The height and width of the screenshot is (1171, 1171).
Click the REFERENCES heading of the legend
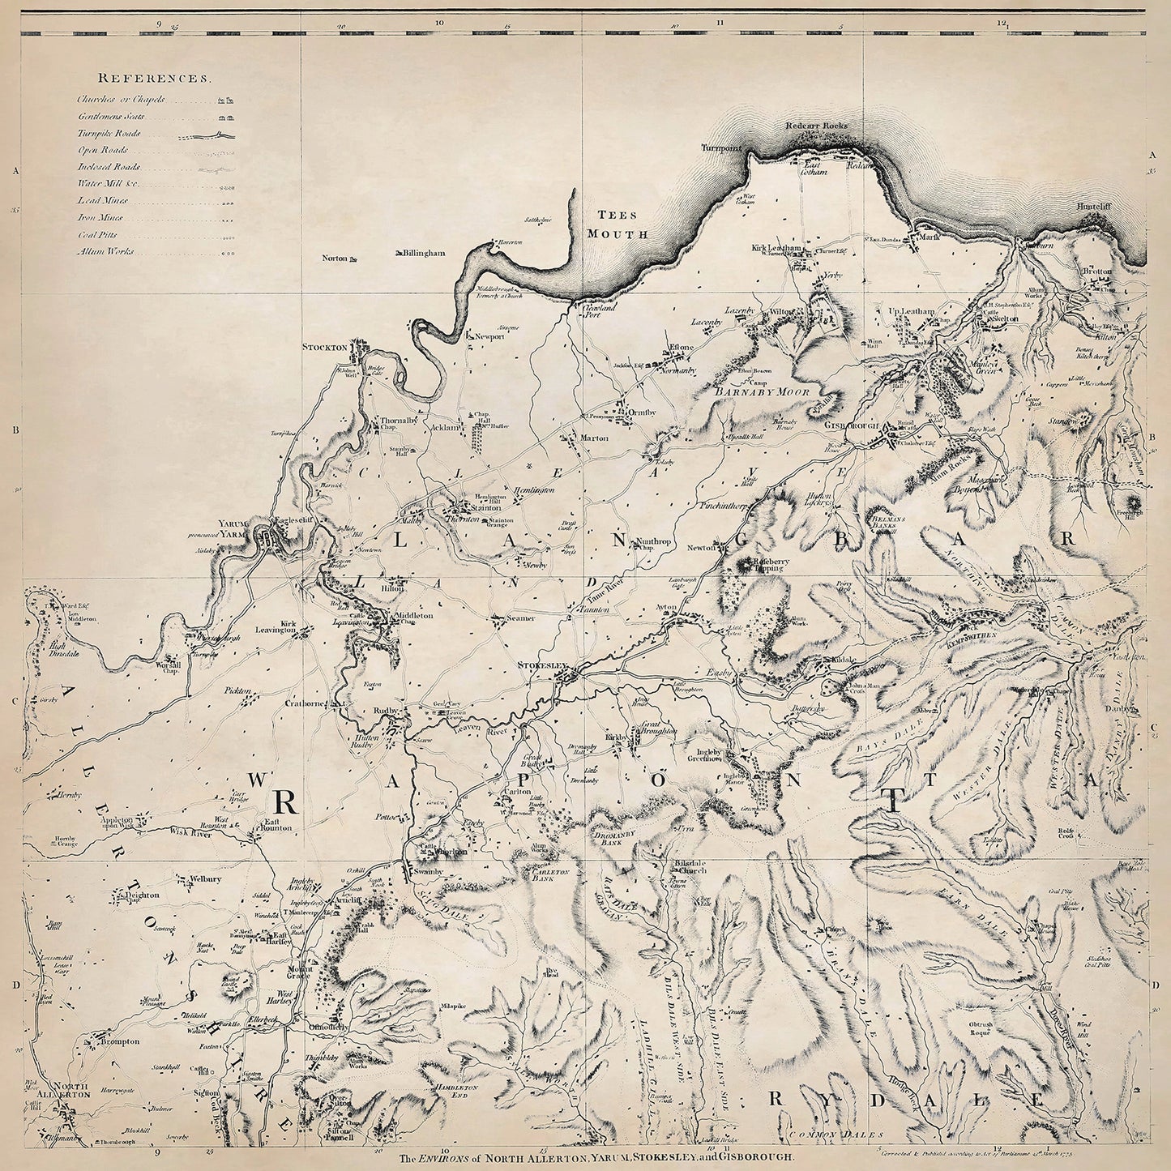click(x=154, y=79)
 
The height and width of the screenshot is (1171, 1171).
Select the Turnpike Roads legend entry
click(x=109, y=134)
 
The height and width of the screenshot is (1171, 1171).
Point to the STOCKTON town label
click(x=324, y=347)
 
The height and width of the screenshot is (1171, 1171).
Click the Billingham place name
click(x=425, y=254)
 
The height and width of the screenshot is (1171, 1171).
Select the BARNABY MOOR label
click(x=751, y=391)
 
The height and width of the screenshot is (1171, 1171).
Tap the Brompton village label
click(x=121, y=1041)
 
